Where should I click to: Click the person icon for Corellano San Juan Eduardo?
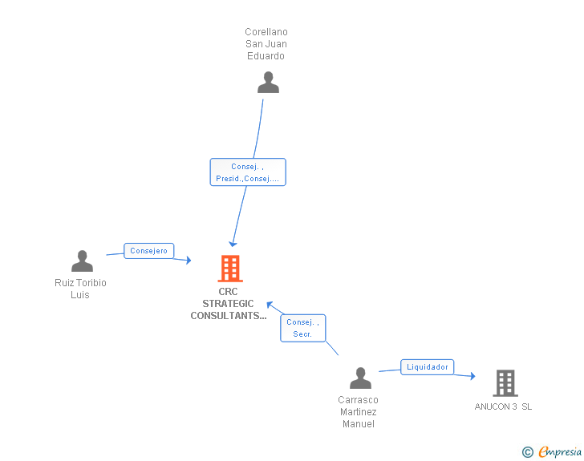coord(268,83)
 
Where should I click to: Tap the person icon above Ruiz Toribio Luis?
coord(82,261)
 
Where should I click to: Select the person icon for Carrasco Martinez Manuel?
coord(361,378)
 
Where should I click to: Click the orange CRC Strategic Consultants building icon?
coord(230,269)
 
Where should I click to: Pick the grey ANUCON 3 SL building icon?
coord(505,383)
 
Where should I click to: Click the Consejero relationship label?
coord(149,251)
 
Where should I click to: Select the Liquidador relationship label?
coord(428,367)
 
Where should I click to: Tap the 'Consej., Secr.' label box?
coord(302,328)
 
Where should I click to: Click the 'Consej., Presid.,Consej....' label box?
coord(248,172)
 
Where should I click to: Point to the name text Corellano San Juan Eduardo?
coord(266,44)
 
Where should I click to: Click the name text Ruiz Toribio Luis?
coord(80,289)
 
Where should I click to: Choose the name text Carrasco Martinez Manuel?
coord(358,412)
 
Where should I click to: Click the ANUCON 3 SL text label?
coord(503,406)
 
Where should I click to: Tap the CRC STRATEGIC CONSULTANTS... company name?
coord(229,304)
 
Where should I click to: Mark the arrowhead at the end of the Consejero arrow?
coord(188,259)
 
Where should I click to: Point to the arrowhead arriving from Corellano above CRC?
coord(233,243)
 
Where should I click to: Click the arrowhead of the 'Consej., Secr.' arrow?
coord(270,305)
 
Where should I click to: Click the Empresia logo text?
coord(560,452)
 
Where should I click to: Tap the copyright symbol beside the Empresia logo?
coord(527,452)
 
